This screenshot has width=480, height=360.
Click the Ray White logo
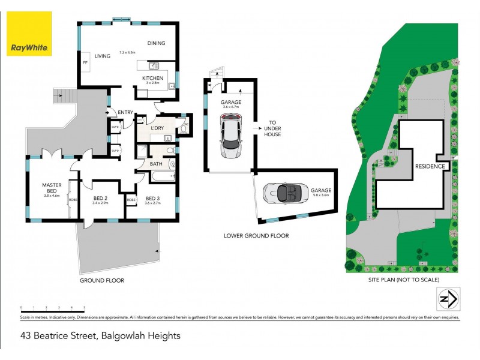[x=29, y=34]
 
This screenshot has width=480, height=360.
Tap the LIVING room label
[x=103, y=56]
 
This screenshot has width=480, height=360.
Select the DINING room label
[x=156, y=43]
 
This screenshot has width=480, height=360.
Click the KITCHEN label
[x=152, y=78]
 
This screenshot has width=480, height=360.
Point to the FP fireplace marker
[x=85, y=62]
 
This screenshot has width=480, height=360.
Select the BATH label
[x=156, y=163]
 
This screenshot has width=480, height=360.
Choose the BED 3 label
[x=153, y=198]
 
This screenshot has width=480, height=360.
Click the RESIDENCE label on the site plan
[x=430, y=166]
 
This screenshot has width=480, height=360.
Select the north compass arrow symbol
[x=446, y=298]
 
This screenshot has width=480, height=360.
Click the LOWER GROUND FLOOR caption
[x=256, y=236]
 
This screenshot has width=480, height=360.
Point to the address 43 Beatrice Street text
[x=100, y=336]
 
